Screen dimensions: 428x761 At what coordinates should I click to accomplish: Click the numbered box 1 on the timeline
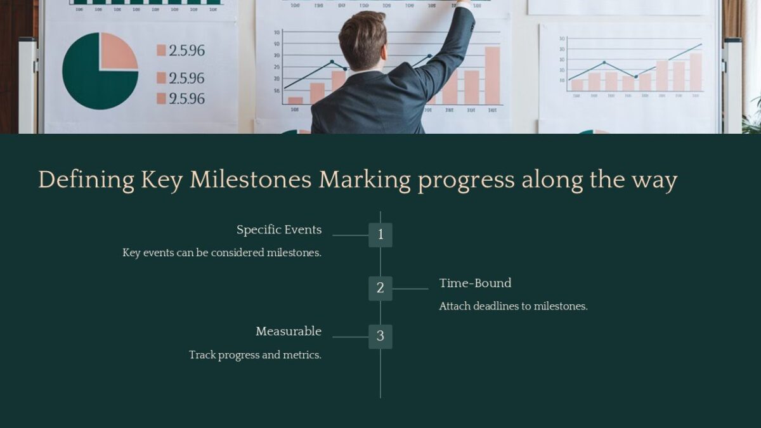click(x=380, y=235)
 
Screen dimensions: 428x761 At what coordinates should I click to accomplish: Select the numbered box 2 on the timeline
click(x=380, y=289)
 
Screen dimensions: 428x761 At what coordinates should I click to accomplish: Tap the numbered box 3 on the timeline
click(x=380, y=337)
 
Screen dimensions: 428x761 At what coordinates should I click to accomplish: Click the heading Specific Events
click(x=279, y=230)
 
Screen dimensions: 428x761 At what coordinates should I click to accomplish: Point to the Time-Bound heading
click(x=475, y=283)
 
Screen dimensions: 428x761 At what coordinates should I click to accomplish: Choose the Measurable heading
click(x=289, y=331)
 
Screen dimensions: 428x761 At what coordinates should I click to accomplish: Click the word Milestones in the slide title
click(x=250, y=180)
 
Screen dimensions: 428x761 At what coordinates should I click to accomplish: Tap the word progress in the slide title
click(x=466, y=180)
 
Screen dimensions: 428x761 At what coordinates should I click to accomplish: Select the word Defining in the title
click(x=86, y=180)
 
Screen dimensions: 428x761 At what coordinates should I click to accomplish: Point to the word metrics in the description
click(x=301, y=355)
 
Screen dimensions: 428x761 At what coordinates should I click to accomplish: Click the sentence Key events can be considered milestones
click(x=222, y=253)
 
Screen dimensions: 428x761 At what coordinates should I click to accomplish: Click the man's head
click(x=362, y=39)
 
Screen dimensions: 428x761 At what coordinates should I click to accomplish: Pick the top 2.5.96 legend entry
click(x=181, y=51)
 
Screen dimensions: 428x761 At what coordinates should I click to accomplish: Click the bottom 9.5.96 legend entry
click(x=181, y=99)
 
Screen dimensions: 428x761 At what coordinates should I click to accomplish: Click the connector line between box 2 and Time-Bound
click(x=410, y=289)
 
